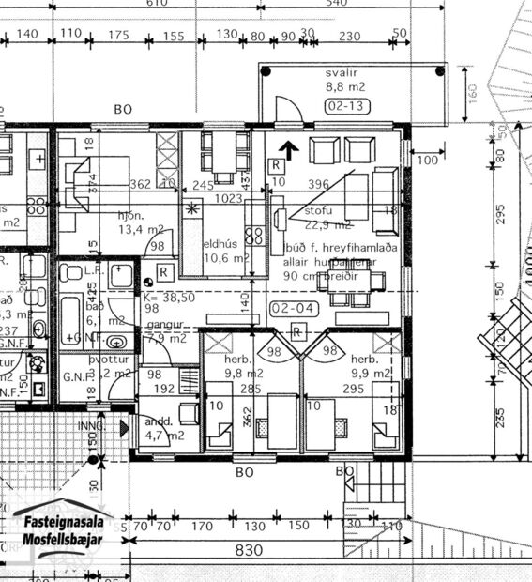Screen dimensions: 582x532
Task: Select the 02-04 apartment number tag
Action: [287, 307]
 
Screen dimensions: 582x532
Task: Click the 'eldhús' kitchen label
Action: [222, 244]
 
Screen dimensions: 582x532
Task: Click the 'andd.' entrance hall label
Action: [155, 421]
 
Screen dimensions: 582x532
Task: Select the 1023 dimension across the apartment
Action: [230, 199]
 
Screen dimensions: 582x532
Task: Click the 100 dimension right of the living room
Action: [428, 161]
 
